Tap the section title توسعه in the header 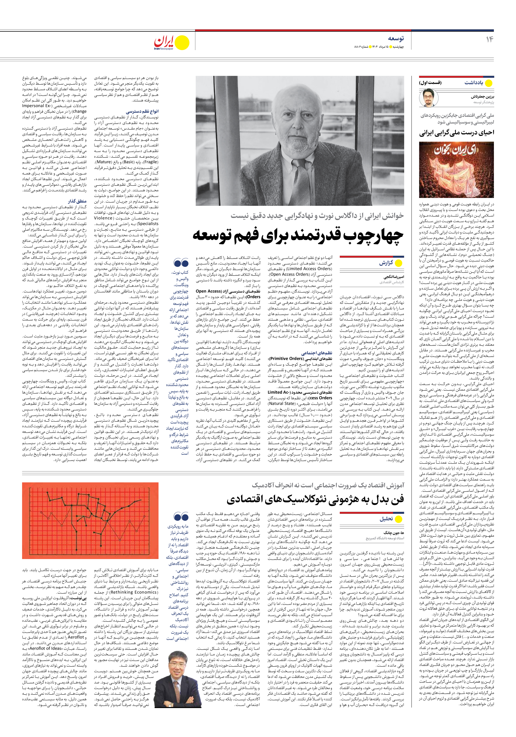(396, 39)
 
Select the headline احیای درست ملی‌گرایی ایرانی (457, 133)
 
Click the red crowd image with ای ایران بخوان (456, 170)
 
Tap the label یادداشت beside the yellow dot (474, 83)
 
